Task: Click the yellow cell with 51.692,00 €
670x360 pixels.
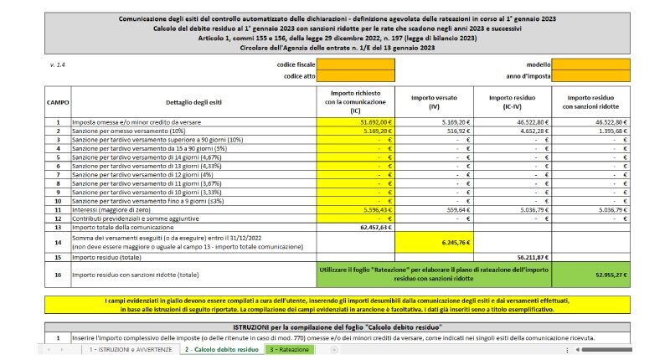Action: point(357,122)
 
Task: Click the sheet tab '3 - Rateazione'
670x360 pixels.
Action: point(289,349)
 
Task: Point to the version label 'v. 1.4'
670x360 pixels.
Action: point(56,64)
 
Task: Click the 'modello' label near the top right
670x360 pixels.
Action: point(539,64)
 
